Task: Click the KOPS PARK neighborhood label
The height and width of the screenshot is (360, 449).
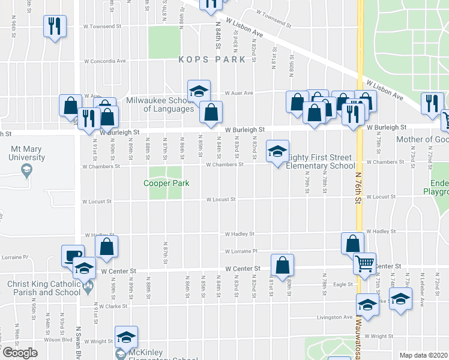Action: [x=212, y=59]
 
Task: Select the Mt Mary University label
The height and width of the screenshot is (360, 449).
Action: [x=26, y=154]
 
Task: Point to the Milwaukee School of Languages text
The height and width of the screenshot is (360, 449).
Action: [x=160, y=105]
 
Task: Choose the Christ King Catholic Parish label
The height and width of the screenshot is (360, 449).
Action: [x=43, y=289]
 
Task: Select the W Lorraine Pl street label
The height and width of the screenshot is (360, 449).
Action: [x=241, y=251]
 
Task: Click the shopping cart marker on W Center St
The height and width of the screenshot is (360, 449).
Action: [x=364, y=262]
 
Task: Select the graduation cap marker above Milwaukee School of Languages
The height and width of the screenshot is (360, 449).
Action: [x=199, y=91]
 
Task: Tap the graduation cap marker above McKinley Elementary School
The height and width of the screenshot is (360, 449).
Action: [x=126, y=337]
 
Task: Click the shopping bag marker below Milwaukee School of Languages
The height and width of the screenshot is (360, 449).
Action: [x=211, y=112]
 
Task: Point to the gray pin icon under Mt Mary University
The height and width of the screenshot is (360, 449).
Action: [x=26, y=172]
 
